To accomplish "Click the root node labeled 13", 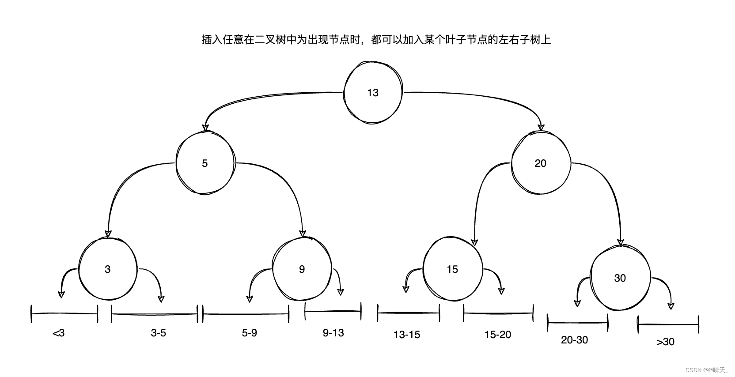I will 373,93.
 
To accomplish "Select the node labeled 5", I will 205,163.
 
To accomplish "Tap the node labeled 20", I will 541,163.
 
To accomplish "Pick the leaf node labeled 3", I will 108,269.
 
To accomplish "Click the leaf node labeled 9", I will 302,269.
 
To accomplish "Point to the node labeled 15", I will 452,269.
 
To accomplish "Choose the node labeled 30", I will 620,278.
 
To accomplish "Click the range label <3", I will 58,333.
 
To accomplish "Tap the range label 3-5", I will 159,333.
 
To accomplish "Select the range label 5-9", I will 250,333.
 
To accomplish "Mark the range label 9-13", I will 333,333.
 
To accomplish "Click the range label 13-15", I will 407,335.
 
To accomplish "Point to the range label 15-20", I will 498,335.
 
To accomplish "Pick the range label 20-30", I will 575,340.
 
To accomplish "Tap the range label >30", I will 665,342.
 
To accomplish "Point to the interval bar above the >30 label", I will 668,325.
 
